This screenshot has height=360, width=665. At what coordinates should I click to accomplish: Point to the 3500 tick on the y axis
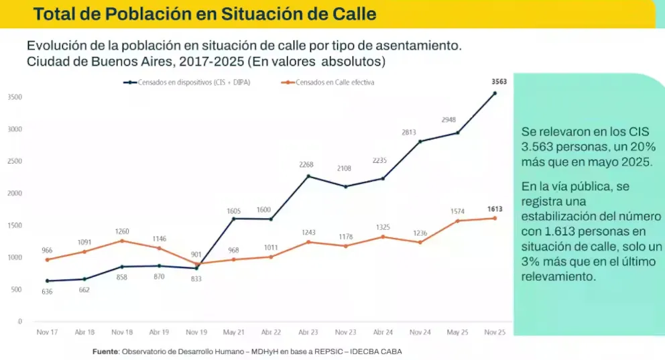pos(15,97)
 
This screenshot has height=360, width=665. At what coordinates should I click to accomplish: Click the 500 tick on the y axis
pos(16,290)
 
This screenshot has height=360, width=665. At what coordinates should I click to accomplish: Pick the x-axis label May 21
pos(233,332)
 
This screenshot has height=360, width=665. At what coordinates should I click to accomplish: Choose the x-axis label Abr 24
pos(383,332)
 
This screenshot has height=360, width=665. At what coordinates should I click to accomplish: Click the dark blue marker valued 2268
pos(308,176)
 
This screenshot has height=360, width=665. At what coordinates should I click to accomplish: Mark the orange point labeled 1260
pos(121,241)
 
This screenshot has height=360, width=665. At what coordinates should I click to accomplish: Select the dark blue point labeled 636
pos(47,281)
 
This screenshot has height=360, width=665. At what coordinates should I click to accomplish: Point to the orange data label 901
pos(195,254)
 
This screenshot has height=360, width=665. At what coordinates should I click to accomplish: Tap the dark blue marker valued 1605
pos(233,219)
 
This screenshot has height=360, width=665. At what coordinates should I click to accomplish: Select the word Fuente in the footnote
pos(105,351)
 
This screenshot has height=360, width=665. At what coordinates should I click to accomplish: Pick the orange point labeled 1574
pos(457,221)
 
